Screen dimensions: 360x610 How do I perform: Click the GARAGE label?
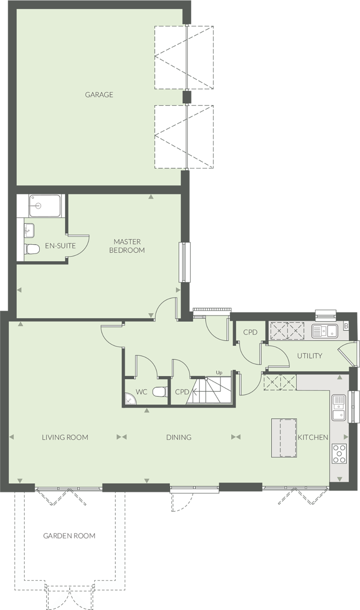coord(99,95)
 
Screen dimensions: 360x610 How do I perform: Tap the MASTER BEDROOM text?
coord(127,246)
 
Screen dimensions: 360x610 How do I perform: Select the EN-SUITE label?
coord(60,246)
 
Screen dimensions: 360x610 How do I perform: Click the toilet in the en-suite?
coord(32,248)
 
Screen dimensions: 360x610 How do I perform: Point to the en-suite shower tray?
coord(45,206)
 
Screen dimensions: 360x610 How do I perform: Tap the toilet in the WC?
coord(159,392)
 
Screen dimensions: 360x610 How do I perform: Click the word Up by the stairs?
coord(219,373)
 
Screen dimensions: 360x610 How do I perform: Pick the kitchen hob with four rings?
coord(339,453)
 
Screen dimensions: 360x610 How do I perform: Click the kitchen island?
coord(284,438)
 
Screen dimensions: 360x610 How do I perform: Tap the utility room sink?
coord(325,331)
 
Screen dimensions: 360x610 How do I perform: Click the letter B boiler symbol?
coord(346,326)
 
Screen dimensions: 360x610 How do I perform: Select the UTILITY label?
coord(310,356)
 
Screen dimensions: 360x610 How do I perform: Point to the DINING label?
coord(179,438)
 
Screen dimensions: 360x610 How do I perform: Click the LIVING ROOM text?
coord(65,438)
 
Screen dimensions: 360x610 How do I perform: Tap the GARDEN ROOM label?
coord(69,536)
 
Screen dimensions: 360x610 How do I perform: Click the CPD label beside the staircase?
coord(182,392)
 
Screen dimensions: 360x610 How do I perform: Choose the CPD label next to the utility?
coord(250,332)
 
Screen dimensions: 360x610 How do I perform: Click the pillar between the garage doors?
coord(187,97)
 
